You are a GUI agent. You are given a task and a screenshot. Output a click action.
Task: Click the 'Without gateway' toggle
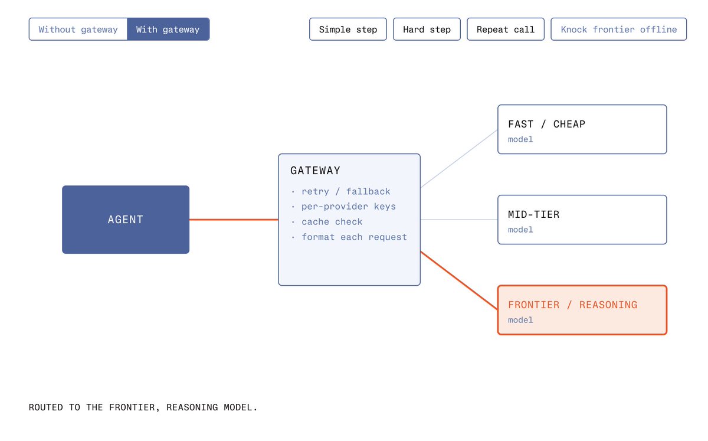[78, 29]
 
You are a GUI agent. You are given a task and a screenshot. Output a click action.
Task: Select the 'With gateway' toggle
[168, 29]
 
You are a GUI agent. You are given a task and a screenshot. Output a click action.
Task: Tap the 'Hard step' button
[427, 29]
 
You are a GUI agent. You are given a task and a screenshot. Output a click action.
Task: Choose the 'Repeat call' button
[506, 29]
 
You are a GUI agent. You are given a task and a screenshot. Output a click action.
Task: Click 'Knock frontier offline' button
[618, 29]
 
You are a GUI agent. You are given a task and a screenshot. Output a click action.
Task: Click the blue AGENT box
[126, 220]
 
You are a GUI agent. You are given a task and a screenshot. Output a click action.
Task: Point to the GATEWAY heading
[315, 171]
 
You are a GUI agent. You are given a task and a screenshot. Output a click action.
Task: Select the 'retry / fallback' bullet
[346, 191]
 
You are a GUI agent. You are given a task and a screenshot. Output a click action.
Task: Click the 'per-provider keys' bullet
[348, 207]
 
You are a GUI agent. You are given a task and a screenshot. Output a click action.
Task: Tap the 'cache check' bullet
[332, 222]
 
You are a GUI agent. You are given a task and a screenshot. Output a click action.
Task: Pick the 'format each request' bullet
[354, 237]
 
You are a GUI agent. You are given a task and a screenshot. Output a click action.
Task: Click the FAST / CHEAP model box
[582, 129]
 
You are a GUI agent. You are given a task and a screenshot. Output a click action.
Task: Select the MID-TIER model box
[582, 220]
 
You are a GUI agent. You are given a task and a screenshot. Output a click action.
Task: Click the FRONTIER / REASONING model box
[582, 310]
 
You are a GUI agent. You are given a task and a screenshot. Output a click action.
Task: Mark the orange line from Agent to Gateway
[234, 220]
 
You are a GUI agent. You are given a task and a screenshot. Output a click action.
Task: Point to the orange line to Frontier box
[459, 280]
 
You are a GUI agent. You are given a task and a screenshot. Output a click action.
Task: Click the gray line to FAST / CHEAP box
[459, 159]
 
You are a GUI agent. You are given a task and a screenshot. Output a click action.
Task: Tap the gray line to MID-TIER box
[459, 220]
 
